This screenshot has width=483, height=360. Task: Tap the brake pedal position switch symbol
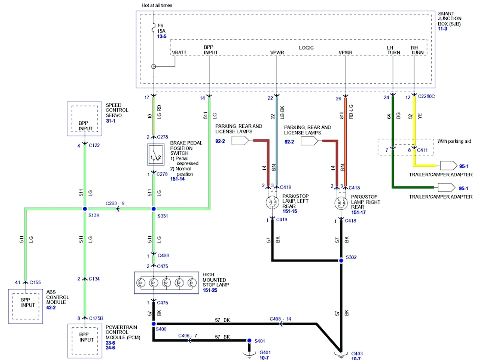coord(156,155)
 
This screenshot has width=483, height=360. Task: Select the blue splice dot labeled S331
coord(154,209)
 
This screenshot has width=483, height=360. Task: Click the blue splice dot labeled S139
coord(85,209)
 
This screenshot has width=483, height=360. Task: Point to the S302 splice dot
coord(341,260)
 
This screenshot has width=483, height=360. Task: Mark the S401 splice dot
coord(249,341)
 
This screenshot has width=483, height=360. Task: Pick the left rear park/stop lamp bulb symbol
coord(272,202)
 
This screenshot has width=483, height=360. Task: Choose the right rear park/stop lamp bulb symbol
coord(341,203)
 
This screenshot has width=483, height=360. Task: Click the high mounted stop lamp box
coord(166,283)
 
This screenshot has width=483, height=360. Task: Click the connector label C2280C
coord(426,96)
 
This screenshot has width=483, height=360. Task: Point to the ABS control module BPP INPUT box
coord(26,306)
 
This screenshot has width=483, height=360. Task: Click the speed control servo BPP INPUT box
coord(85,119)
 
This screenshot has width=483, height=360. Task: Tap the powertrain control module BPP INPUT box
coord(85,341)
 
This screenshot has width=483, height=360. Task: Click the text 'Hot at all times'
coord(157,5)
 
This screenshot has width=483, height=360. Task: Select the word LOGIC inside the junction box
coord(306,48)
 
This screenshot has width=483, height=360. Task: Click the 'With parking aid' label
coord(454,141)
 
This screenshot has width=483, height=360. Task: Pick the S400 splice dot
coord(154,324)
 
